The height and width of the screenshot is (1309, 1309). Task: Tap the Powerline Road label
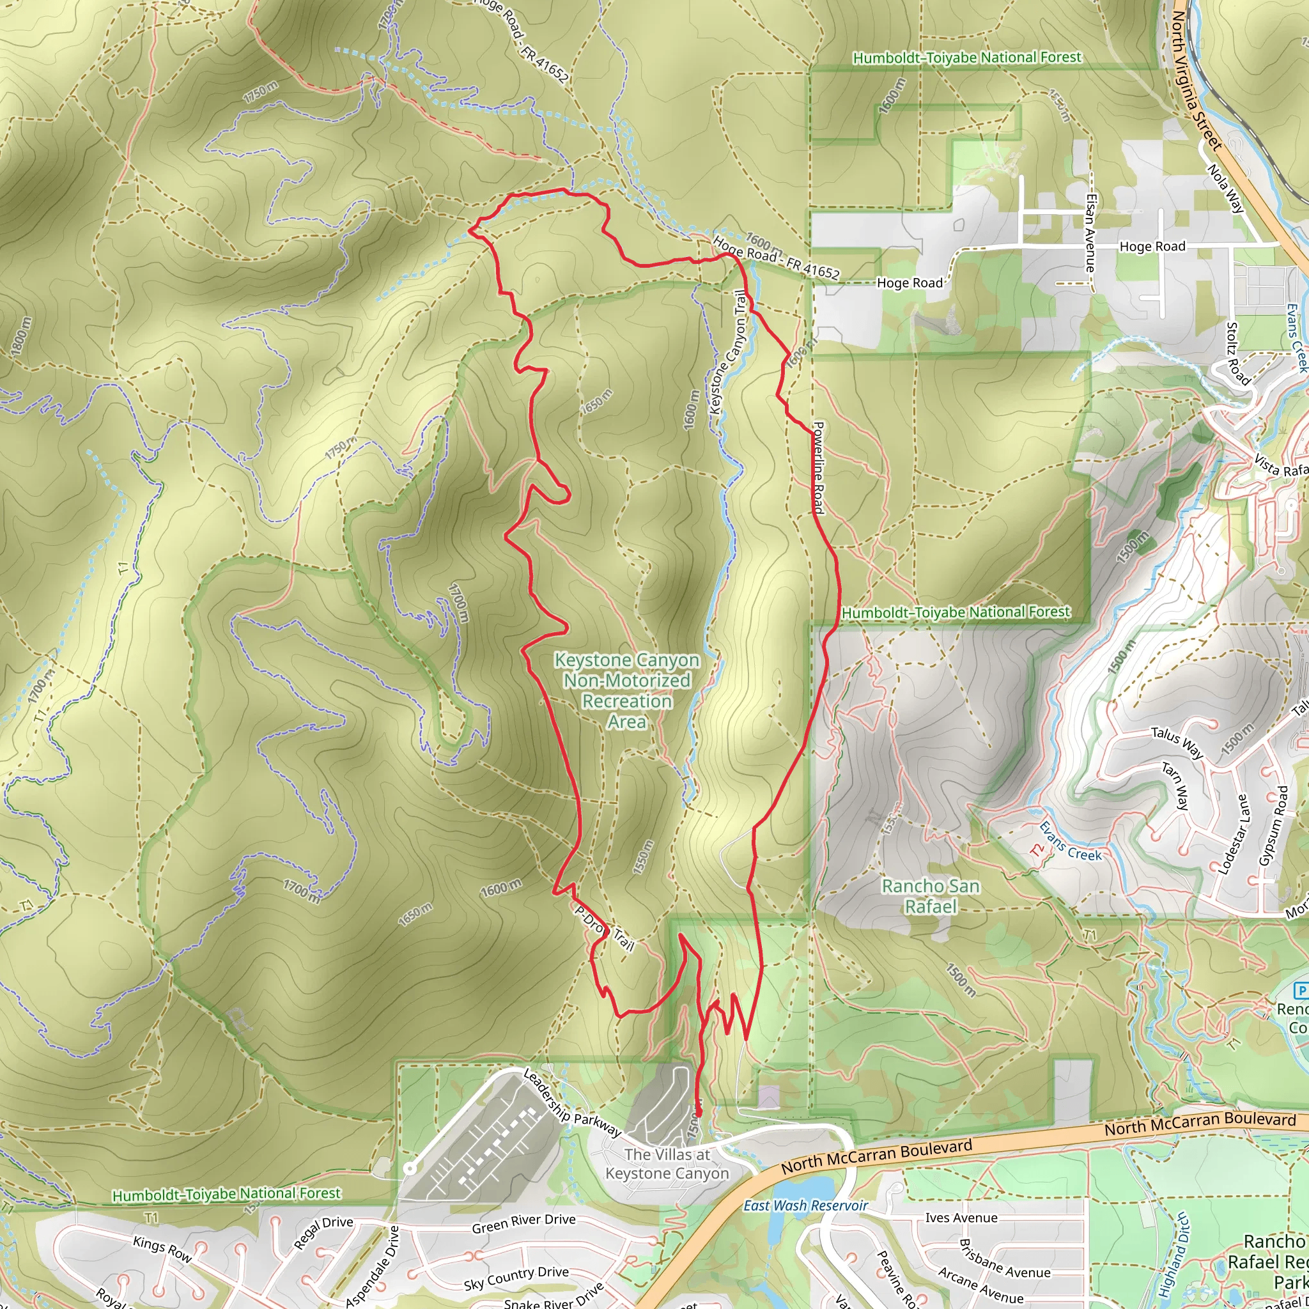click(819, 467)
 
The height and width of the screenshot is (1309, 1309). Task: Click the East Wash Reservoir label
click(805, 1205)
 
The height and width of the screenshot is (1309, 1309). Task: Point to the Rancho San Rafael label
click(930, 896)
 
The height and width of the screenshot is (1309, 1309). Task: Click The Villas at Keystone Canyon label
click(667, 1164)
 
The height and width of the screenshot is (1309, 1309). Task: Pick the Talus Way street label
click(1177, 743)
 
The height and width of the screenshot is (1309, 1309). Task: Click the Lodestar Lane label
click(1234, 833)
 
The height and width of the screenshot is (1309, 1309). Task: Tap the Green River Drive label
click(523, 1223)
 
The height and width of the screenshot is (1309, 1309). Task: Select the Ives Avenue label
click(961, 1218)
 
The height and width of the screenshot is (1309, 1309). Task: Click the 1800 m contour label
click(21, 336)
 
